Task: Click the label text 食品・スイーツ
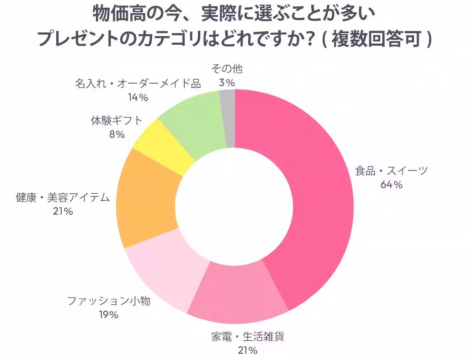[391, 171]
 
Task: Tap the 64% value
[391, 185]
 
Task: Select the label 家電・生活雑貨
[248, 337]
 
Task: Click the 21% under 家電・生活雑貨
[248, 351]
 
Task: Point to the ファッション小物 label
[109, 301]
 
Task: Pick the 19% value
[109, 315]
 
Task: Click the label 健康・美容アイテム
[63, 197]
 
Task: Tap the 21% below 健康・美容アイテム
[63, 211]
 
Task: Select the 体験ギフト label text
[117, 121]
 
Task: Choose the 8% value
[117, 134]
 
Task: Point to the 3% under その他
[227, 83]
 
